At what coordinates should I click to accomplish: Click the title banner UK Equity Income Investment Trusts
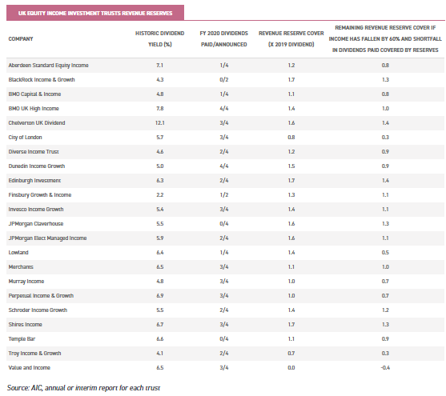click(95, 13)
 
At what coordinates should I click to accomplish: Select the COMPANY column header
click(21, 38)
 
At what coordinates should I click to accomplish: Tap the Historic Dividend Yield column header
click(160, 38)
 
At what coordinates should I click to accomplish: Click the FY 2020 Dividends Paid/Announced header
click(224, 38)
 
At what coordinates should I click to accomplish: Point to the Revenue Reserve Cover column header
click(291, 38)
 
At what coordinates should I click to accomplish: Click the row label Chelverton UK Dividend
click(37, 123)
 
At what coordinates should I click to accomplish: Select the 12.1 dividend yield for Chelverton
click(160, 123)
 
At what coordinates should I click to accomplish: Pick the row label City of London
click(25, 138)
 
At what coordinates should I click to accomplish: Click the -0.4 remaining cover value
click(385, 367)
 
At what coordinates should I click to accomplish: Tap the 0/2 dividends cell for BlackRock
click(224, 79)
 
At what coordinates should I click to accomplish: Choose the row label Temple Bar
click(22, 339)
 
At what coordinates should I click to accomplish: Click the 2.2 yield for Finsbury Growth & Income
click(160, 194)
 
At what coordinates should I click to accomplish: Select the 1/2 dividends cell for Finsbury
click(224, 194)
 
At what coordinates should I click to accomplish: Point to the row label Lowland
click(18, 253)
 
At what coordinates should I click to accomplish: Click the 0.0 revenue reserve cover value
click(291, 367)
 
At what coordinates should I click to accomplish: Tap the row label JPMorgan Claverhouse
click(36, 224)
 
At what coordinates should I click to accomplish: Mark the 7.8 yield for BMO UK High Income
click(160, 108)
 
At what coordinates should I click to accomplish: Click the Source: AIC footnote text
click(83, 388)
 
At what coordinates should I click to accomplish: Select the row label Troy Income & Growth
click(34, 354)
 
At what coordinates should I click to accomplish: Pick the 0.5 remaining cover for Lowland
click(385, 253)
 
